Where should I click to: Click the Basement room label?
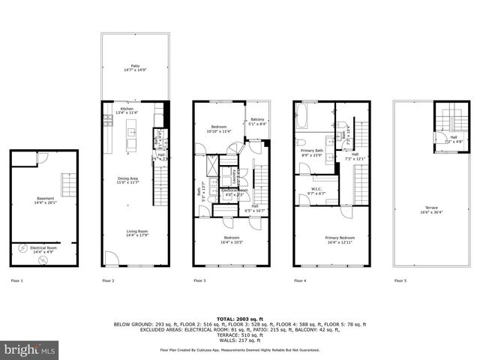(x=45, y=198)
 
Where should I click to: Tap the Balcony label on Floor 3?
(x=256, y=120)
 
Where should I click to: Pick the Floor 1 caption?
(x=16, y=280)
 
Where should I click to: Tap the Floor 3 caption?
(x=200, y=280)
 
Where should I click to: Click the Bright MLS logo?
(x=30, y=349)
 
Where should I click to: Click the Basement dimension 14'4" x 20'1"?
(x=45, y=202)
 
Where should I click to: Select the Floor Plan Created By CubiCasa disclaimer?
(x=239, y=349)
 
